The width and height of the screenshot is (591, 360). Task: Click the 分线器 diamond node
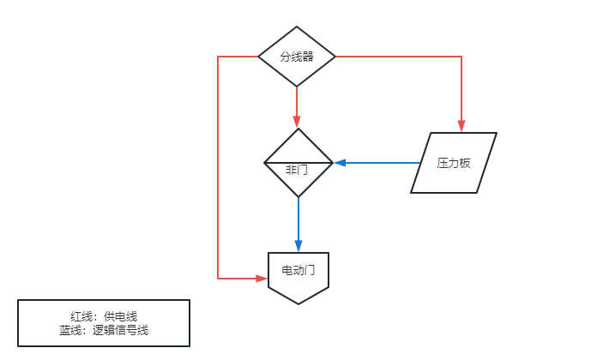(297, 57)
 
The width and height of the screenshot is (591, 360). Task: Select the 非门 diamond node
(298, 162)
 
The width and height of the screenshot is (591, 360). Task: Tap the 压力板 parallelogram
(454, 163)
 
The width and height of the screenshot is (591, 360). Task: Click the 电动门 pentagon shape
(299, 275)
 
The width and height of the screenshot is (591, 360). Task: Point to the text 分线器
(297, 57)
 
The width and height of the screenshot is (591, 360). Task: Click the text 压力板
(454, 163)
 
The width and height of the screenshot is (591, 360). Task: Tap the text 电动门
(299, 270)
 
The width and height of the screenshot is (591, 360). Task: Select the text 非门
(297, 170)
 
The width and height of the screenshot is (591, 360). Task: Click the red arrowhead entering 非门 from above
(297, 123)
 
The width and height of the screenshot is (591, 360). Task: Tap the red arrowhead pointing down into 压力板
(461, 128)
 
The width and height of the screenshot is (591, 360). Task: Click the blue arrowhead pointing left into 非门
(339, 162)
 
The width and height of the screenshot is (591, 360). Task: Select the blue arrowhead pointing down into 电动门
(299, 247)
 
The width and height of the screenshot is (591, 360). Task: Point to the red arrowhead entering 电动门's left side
(262, 279)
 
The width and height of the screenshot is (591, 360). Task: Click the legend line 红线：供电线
(104, 316)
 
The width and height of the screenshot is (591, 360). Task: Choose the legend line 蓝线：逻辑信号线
(104, 330)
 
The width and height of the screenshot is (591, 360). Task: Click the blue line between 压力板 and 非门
(377, 162)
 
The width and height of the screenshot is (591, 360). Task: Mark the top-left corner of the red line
(218, 57)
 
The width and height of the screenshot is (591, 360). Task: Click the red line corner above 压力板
(461, 57)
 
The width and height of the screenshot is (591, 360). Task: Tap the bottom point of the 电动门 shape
(299, 303)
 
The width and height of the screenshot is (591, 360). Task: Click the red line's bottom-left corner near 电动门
(218, 279)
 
